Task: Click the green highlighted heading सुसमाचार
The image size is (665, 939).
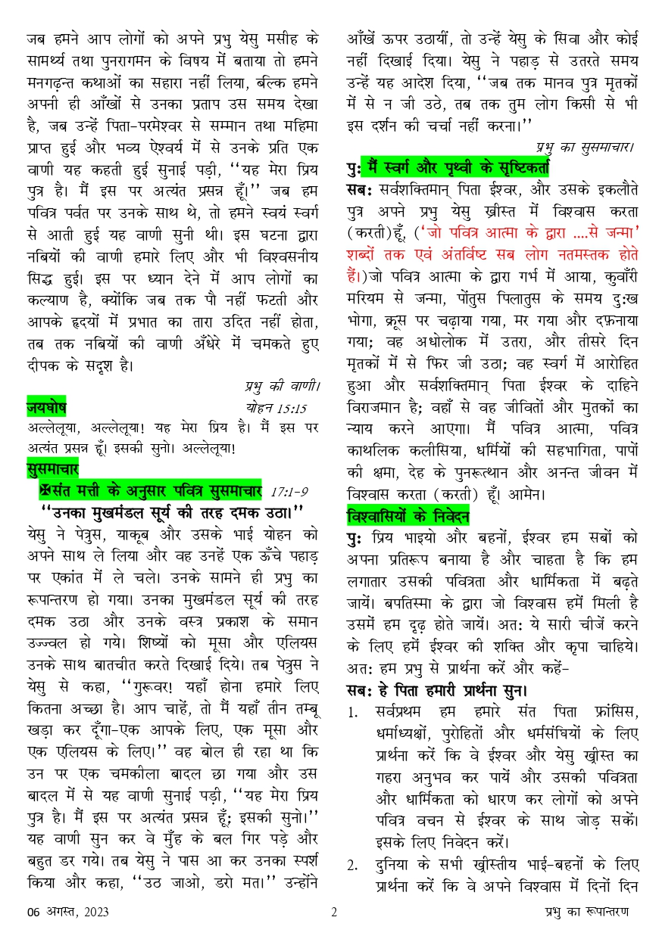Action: coord(55,469)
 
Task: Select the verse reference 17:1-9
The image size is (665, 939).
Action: coord(289,491)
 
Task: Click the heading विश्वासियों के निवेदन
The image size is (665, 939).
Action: coord(407,518)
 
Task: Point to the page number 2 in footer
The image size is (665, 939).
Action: coord(333,912)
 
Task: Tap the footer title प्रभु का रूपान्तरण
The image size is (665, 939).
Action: coord(592,912)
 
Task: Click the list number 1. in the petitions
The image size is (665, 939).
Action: coord(353,713)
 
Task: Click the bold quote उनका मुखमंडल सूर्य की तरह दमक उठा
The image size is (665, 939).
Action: coord(171,512)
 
